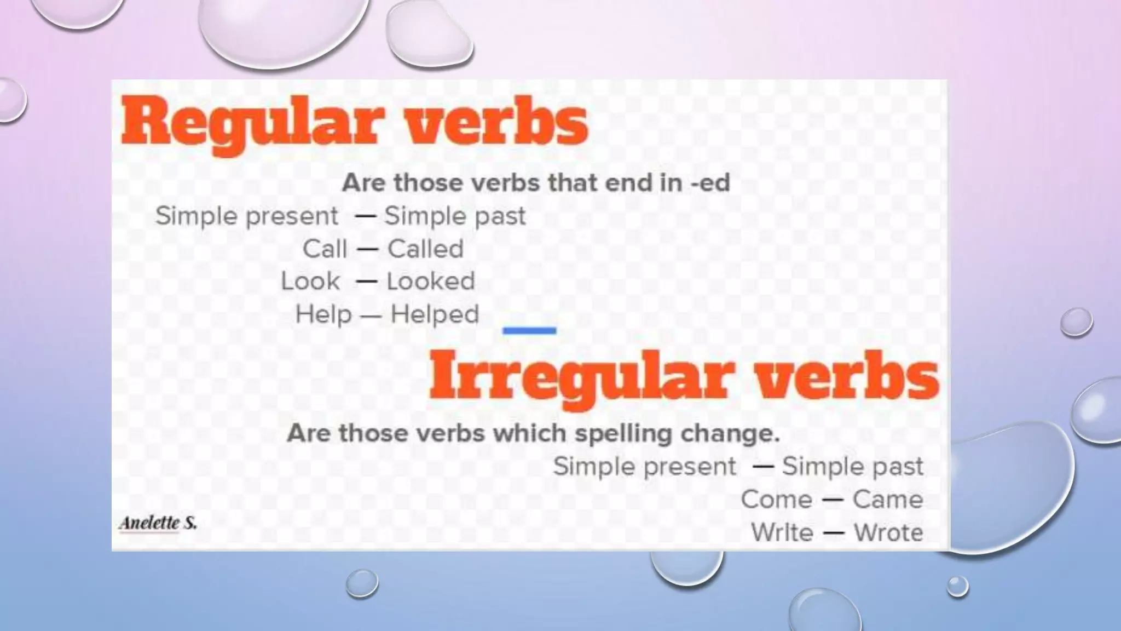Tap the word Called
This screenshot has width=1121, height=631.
pos(425,249)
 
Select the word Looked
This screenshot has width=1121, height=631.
pos(430,282)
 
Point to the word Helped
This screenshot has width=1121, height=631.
pos(435,314)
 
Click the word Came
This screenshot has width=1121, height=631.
pos(887,500)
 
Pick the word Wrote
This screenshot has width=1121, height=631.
pos(888,532)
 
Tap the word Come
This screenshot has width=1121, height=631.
pos(776,500)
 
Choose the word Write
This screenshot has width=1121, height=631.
pos(782,532)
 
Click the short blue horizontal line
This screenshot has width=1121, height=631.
pos(529,330)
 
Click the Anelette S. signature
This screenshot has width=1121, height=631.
pos(158,523)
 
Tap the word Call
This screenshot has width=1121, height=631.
pos(325,249)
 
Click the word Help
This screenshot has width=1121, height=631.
pos(323,314)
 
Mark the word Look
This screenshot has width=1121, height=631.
pos(310,282)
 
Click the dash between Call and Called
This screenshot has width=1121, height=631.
pos(367,250)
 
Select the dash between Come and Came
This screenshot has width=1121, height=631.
pos(832,500)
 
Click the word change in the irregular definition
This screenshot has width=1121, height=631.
pos(730,434)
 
